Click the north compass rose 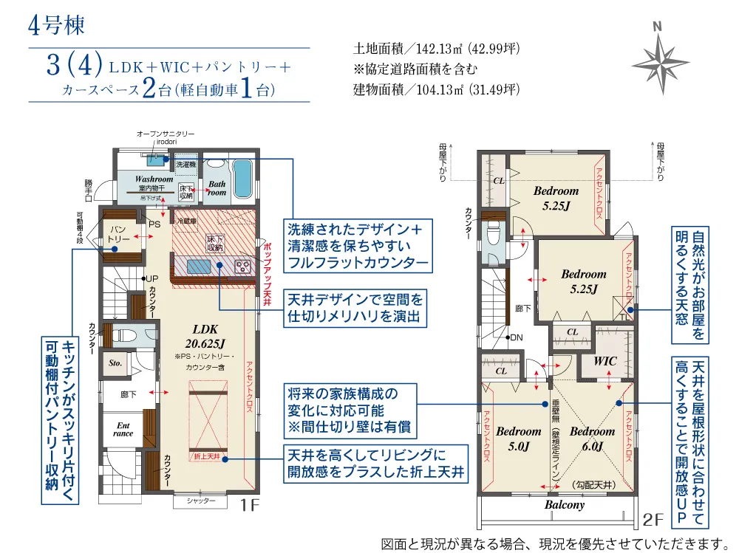point(660,58)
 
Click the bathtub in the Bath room point(242,179)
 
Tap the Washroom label point(154,179)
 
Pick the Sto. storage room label point(115,363)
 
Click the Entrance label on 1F point(123,429)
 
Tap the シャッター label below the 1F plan point(200,501)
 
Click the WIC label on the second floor point(605,362)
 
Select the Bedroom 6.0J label point(592,438)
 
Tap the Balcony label point(565,505)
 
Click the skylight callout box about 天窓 point(690,284)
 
